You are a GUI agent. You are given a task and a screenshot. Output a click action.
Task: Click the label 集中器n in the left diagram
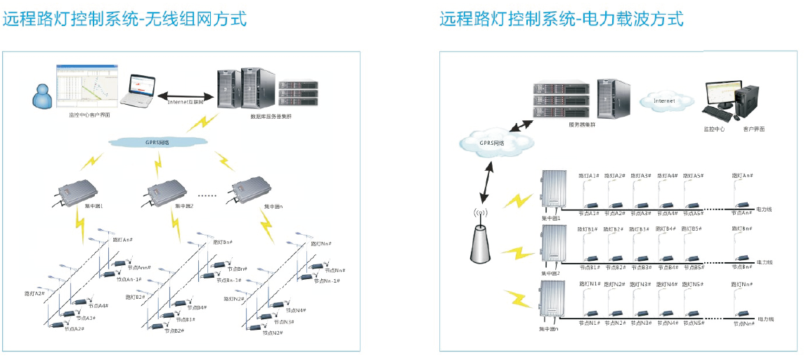pos(274,207)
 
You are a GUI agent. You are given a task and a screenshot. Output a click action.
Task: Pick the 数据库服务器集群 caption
pos(271,116)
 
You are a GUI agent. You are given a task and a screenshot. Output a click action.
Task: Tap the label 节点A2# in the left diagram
pos(74,328)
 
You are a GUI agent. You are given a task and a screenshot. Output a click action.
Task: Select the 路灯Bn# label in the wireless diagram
pos(223,242)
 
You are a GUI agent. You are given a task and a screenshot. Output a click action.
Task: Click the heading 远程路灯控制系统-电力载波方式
pos(562,19)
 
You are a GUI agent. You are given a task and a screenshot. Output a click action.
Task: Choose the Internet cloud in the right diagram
pos(665,101)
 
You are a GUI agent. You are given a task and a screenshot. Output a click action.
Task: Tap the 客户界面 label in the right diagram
pos(753,129)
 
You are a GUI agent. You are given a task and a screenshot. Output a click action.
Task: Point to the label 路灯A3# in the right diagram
pos(640,175)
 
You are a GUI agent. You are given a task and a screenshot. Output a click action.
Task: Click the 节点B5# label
pos(694,267)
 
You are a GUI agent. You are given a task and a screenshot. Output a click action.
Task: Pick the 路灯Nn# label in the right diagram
pos(744,284)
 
